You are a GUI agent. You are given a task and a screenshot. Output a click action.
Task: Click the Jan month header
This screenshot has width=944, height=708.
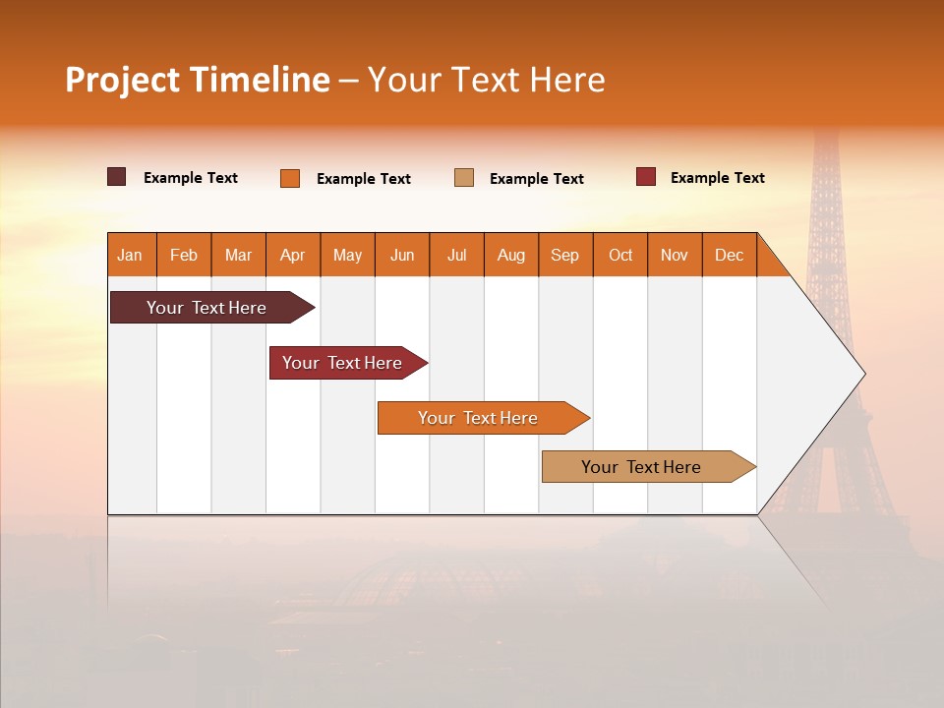tap(131, 255)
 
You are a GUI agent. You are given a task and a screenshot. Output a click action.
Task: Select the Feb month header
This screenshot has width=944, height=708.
tap(184, 255)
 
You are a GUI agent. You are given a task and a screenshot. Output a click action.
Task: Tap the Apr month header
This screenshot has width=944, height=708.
tap(293, 255)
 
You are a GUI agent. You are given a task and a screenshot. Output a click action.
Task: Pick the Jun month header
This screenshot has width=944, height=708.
tap(402, 255)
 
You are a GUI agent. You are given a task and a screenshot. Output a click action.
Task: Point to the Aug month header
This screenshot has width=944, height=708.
tap(511, 255)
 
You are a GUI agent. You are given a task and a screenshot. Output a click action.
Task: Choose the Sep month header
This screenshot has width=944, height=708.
tap(565, 255)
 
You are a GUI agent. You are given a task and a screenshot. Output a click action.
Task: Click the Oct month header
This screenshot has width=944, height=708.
tap(620, 255)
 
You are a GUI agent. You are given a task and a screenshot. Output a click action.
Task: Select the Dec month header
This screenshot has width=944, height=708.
tap(730, 255)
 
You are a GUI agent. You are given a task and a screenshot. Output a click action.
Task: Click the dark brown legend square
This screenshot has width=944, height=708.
tap(117, 177)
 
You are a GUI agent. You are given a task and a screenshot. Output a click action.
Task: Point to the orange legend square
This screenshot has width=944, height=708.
tap(290, 178)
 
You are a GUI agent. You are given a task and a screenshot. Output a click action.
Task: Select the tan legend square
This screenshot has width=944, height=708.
tap(464, 178)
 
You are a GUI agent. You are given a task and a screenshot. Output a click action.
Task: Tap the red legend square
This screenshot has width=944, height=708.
tap(646, 177)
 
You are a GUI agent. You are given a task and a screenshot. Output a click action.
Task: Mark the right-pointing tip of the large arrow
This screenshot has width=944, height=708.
tap(863, 374)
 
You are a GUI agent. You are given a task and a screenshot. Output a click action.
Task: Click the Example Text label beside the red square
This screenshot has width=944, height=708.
tap(717, 178)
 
